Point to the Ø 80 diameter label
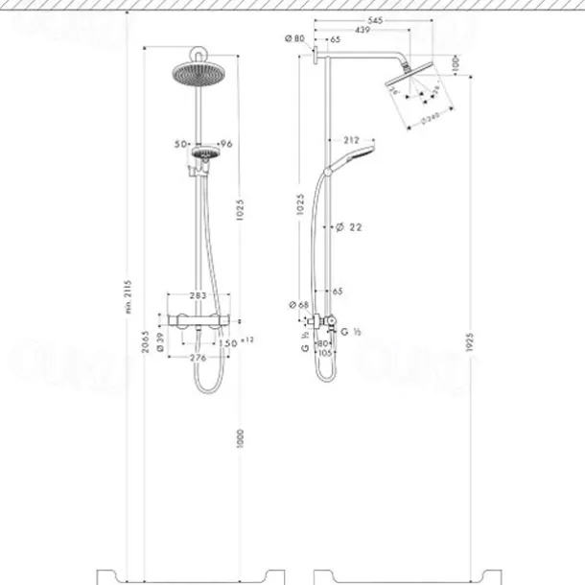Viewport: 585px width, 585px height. click(294, 39)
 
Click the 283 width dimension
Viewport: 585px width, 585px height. click(199, 296)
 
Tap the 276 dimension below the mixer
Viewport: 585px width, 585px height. click(199, 358)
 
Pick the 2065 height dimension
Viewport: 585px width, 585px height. click(144, 340)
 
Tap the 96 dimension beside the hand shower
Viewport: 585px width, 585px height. click(227, 144)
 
